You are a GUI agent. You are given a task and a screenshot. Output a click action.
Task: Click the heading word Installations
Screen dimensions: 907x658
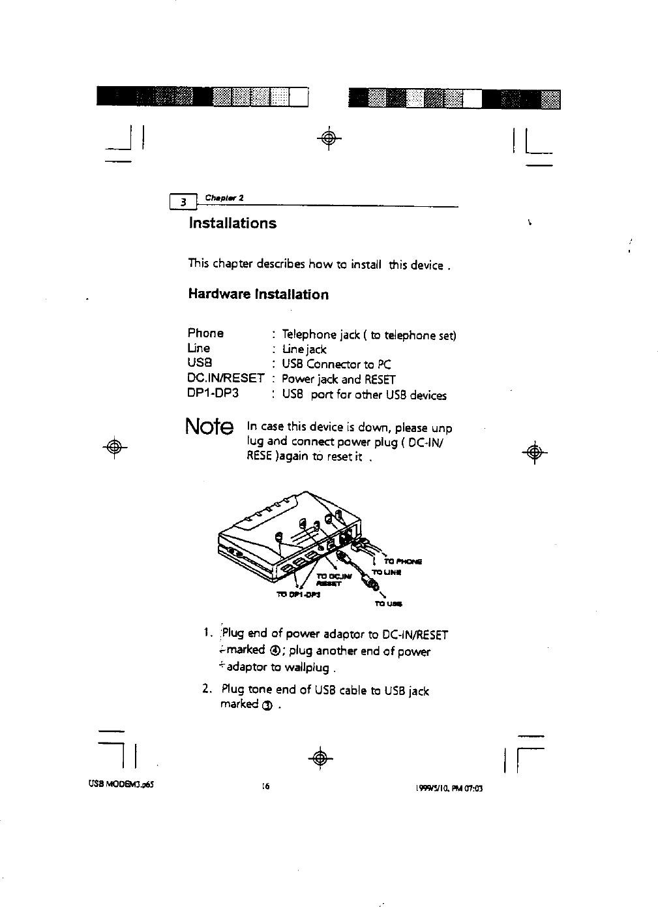point(232,223)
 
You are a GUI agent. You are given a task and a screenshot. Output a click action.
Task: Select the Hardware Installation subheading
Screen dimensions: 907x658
point(258,294)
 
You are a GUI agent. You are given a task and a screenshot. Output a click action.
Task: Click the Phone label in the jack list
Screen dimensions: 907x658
point(205,333)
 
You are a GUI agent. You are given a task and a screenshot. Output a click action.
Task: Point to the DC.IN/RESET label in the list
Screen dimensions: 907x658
point(226,378)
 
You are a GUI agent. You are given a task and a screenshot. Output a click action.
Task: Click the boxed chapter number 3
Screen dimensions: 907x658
point(184,203)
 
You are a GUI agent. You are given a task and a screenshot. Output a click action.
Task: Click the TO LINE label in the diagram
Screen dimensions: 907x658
point(385,572)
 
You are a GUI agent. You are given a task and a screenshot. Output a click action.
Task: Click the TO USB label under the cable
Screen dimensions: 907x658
point(387,604)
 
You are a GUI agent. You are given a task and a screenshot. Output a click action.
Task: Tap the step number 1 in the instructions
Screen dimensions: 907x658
point(206,633)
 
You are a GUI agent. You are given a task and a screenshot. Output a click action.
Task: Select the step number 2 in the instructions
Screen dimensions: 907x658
point(206,690)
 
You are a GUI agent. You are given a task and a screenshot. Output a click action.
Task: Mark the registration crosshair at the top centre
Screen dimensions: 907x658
point(330,138)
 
